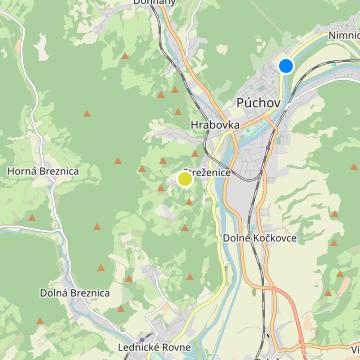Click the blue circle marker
click(x=286, y=66)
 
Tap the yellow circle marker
click(x=185, y=179)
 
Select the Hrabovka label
click(x=212, y=125)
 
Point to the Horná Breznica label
click(x=43, y=171)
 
